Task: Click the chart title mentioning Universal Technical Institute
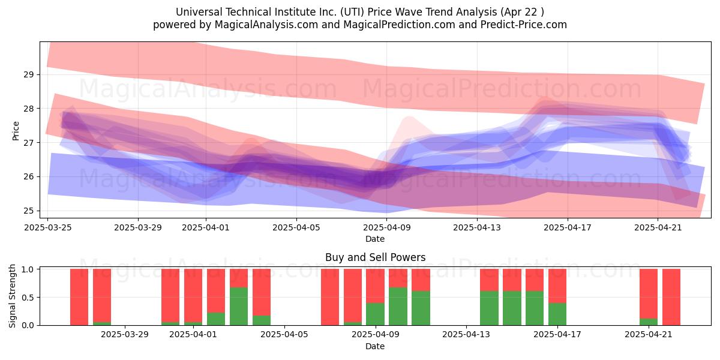point(359,12)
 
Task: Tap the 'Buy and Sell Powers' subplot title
point(375,257)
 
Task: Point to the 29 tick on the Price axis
point(28,74)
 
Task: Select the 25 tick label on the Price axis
point(28,211)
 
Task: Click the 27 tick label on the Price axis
point(28,142)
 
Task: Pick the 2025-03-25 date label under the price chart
point(48,227)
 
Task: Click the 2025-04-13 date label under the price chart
point(477,227)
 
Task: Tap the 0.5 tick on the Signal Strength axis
point(28,298)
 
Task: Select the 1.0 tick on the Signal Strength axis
point(28,269)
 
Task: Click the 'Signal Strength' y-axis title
point(12,296)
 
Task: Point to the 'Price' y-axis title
point(16,131)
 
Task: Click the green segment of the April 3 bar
point(239,307)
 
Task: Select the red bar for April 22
point(671,297)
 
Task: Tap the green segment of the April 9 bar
point(376,314)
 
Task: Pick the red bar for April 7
point(330,297)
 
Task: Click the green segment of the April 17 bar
point(557,314)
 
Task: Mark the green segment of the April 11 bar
point(421,308)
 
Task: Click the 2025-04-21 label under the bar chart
point(649,334)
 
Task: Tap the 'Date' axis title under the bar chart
point(375,346)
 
